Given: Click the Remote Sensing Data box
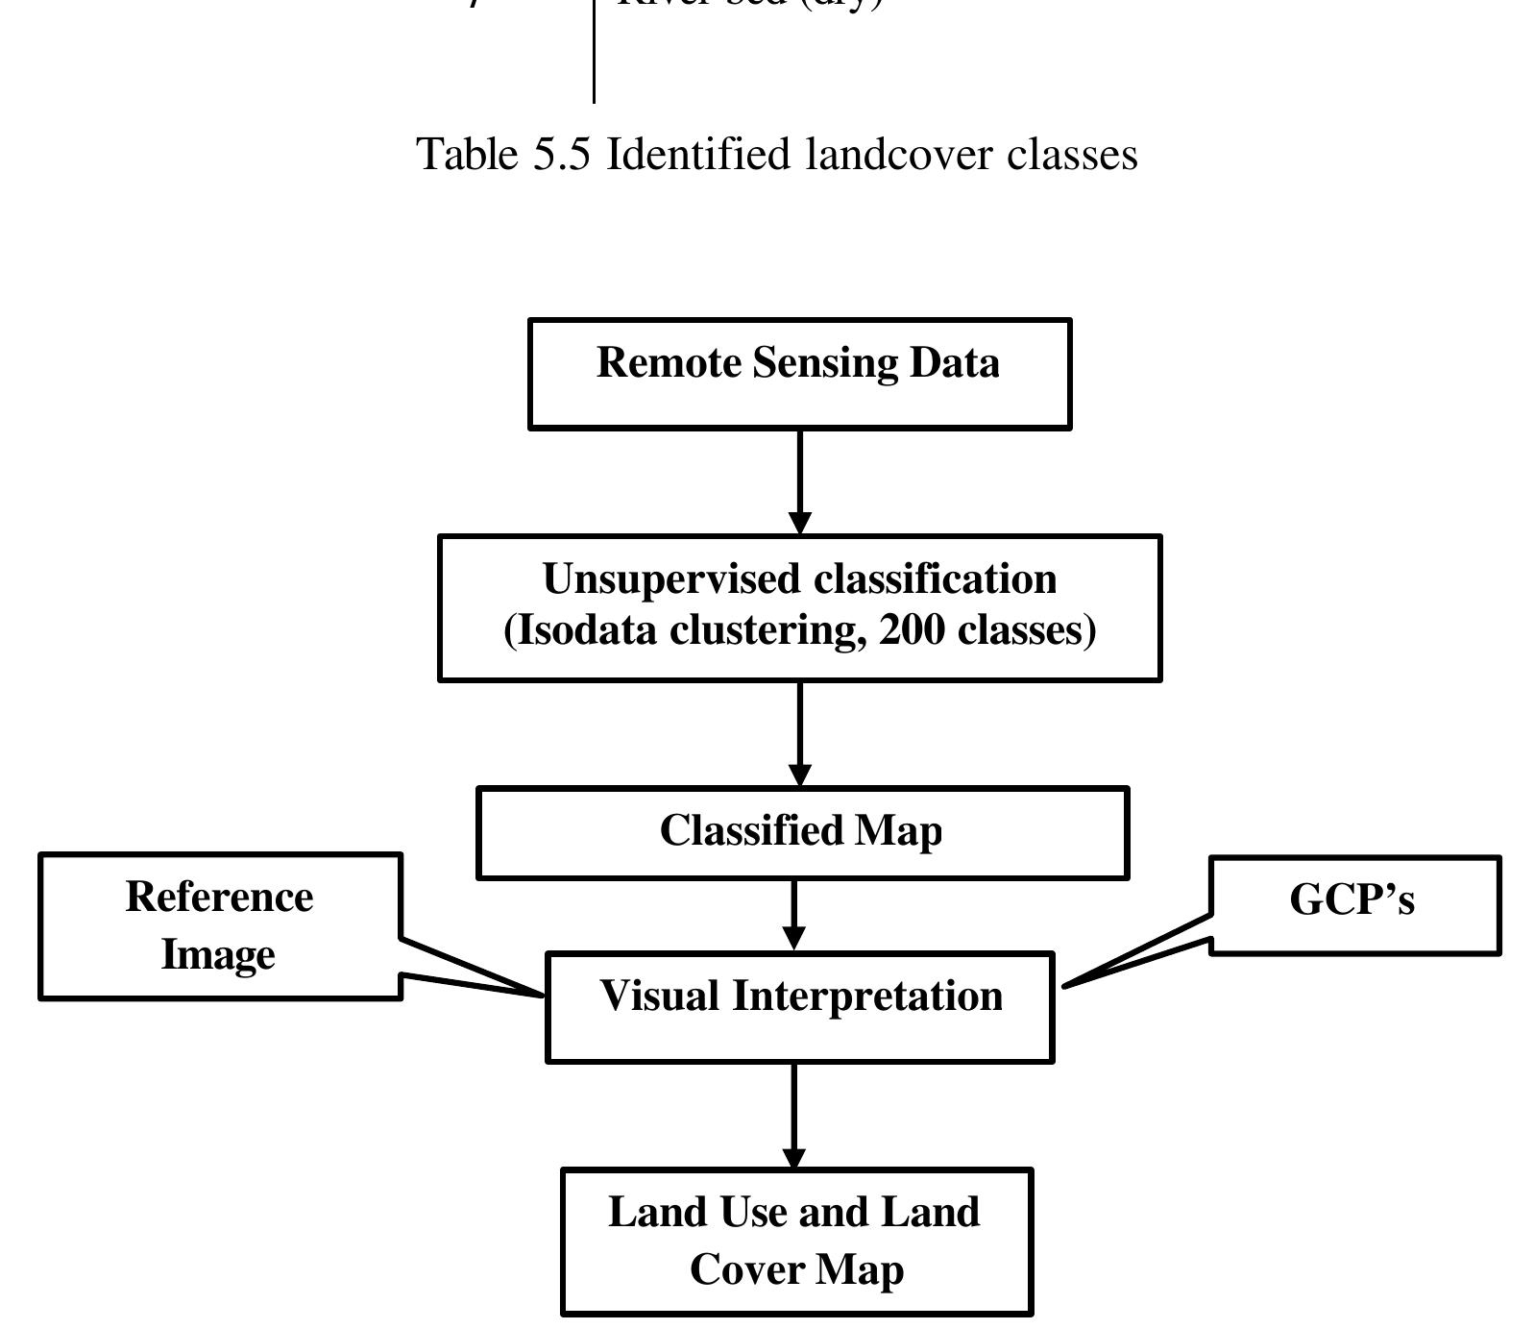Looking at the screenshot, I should pos(799,374).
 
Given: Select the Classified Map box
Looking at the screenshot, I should pos(802,832).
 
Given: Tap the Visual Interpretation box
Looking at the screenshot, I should pos(799,1006).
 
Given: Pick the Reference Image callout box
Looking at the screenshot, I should pos(219,925).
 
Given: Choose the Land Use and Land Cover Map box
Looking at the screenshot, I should pos(796,1241).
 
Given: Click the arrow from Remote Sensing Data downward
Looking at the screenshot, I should pos(799,480).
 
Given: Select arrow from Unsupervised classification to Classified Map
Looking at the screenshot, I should pos(799,733).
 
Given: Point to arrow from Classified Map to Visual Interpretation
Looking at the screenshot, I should pos(794,914).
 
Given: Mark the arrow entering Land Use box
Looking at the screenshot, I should pos(794,1115).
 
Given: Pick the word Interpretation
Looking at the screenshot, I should pos(867,996).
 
